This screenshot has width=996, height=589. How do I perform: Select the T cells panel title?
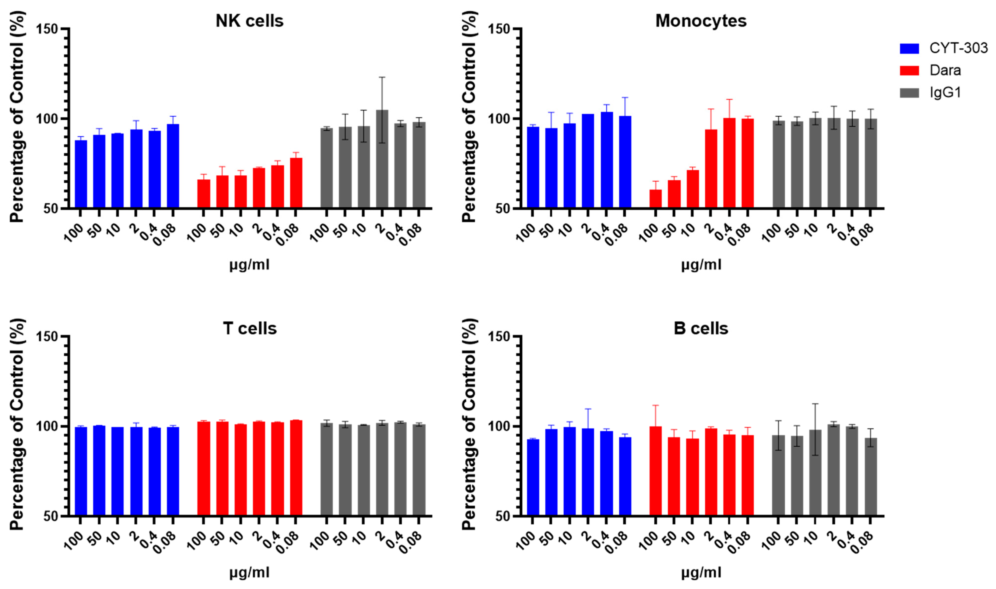[250, 329]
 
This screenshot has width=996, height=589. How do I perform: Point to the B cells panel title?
[701, 329]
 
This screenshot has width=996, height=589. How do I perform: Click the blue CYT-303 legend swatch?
[909, 48]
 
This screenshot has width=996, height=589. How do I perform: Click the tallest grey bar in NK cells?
[382, 159]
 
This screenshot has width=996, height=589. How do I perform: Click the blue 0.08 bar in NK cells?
[173, 166]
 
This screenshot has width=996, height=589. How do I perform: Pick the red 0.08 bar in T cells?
[296, 468]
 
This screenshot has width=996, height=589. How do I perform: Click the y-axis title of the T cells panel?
[17, 425]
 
